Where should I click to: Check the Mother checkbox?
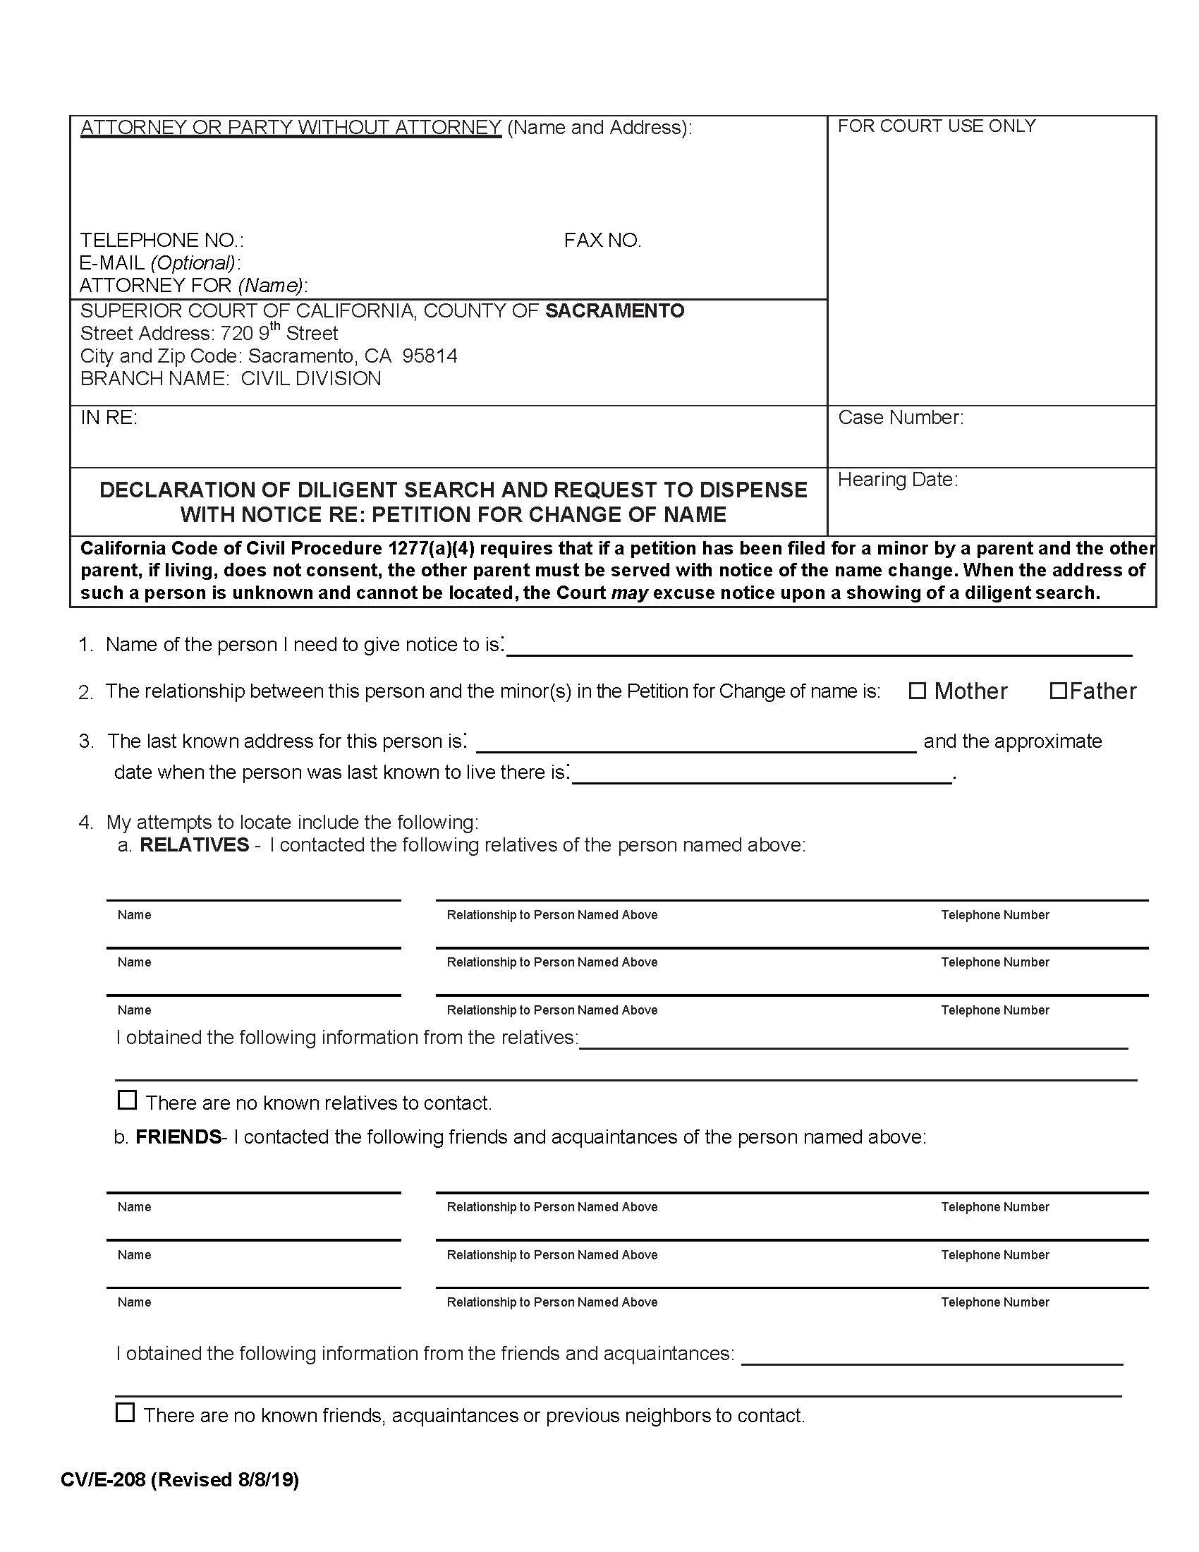tap(918, 691)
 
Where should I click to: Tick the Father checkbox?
tap(1058, 691)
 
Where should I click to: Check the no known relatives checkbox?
tap(127, 1100)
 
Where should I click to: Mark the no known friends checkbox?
tap(125, 1412)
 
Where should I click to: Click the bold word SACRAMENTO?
tap(614, 310)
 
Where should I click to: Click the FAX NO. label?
tap(602, 240)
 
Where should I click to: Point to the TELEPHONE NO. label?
tap(162, 240)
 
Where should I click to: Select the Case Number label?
tap(901, 417)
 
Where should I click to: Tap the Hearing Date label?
tap(898, 480)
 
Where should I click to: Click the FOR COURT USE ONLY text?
tap(936, 126)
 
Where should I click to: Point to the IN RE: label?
tap(109, 417)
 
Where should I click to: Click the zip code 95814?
tap(430, 356)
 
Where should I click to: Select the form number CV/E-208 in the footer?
tap(103, 1479)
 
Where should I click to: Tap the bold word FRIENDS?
tap(178, 1136)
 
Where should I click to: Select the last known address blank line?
tap(696, 742)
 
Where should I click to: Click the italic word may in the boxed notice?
tap(629, 593)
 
